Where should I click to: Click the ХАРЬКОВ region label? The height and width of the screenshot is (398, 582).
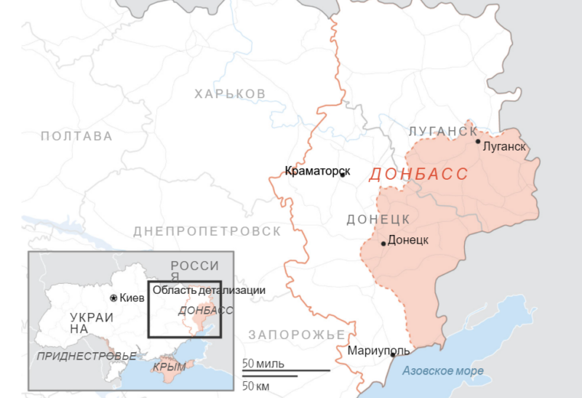coord(230,94)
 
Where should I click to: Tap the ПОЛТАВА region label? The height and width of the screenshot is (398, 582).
coord(77,136)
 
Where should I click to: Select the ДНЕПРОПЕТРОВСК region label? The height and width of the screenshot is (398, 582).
coord(207,231)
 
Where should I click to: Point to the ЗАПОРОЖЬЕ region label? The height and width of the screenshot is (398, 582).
coord(296,335)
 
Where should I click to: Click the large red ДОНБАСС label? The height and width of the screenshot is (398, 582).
coord(418,175)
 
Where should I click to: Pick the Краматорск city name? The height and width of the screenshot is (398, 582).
coord(317,172)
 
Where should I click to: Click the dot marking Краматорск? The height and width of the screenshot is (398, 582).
coord(342,175)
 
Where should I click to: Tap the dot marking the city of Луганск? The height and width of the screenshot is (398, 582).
coord(478,141)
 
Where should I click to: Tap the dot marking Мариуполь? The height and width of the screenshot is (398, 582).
coord(393,354)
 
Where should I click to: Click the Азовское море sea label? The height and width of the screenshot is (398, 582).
coord(444,371)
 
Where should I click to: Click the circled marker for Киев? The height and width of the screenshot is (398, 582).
coord(113,298)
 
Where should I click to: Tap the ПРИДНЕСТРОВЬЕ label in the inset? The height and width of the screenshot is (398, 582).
coord(87,356)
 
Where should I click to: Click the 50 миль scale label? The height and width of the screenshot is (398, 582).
coord(263,363)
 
